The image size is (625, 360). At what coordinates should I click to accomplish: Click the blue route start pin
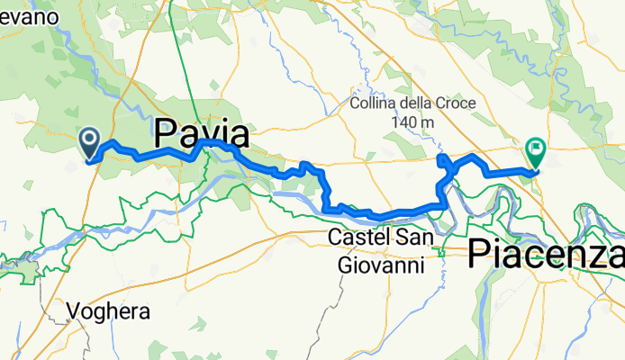coord(91,141)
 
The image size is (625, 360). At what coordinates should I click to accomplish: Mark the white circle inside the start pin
coord(91,138)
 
